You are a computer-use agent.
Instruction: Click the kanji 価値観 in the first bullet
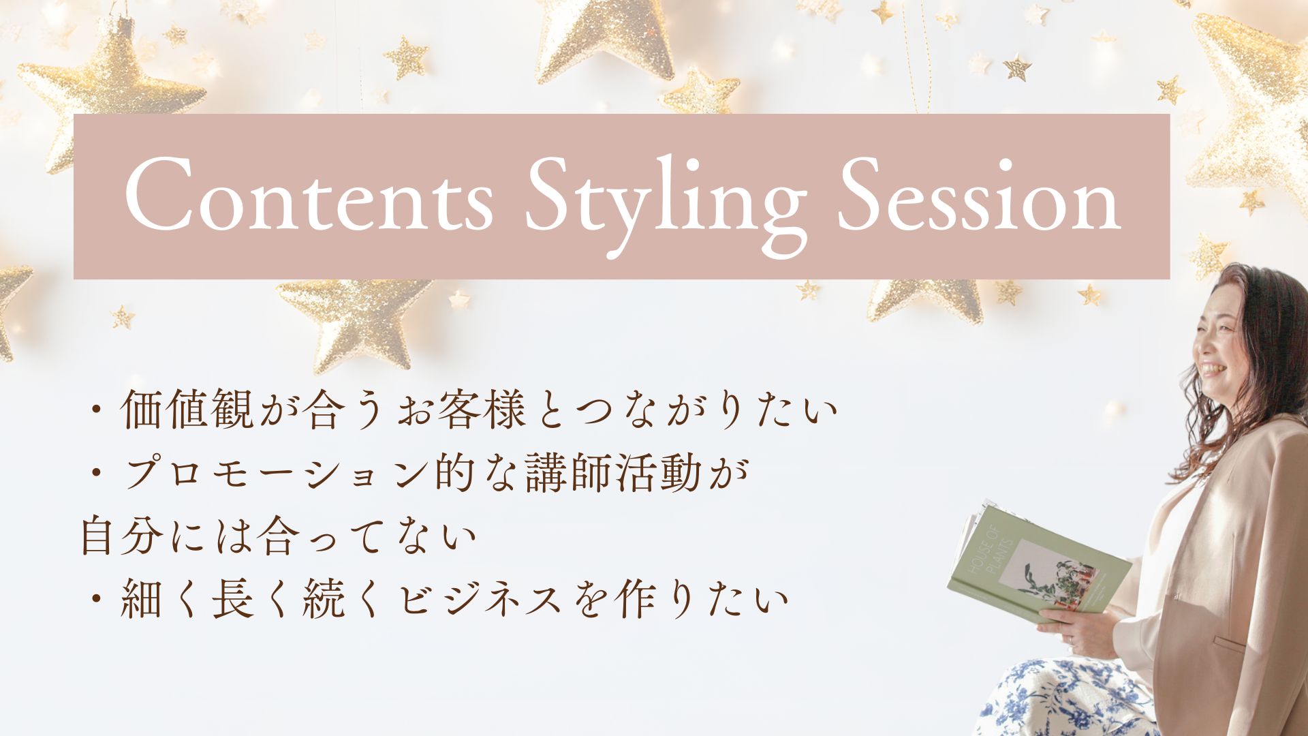[x=187, y=411]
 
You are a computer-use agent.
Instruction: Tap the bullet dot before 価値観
[x=95, y=412]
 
